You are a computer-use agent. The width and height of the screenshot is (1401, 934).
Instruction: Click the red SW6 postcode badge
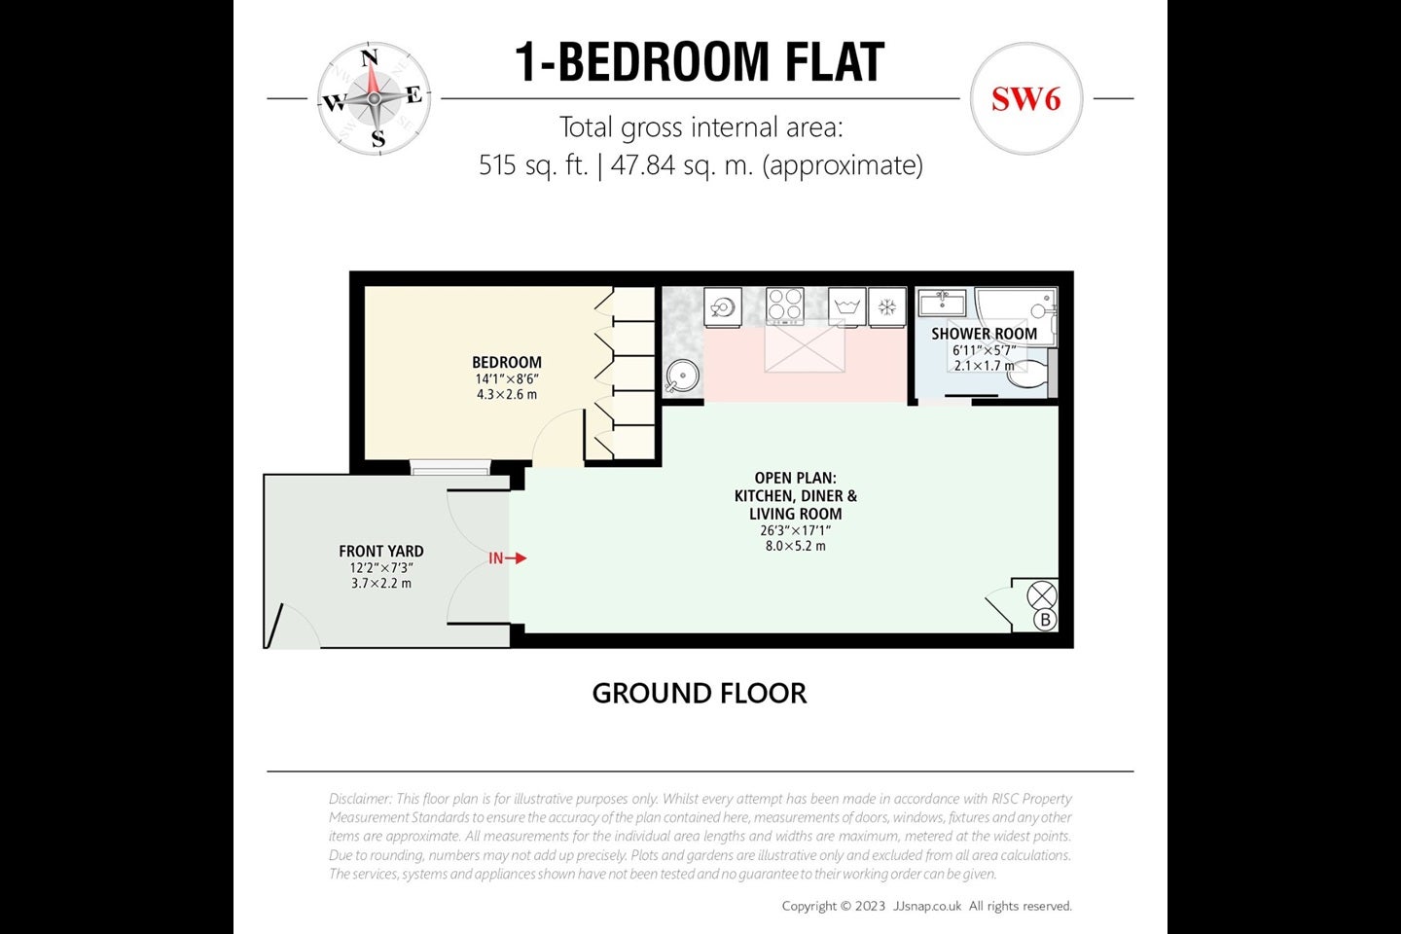1025,99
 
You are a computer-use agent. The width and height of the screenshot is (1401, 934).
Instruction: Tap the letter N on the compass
370,57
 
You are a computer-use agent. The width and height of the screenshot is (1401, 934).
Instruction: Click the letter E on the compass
414,95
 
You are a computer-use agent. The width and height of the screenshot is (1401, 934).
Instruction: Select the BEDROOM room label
507,362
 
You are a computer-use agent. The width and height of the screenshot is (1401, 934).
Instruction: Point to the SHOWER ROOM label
984,334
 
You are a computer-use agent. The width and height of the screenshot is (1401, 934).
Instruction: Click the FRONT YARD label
381,551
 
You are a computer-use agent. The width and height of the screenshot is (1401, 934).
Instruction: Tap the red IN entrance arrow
507,558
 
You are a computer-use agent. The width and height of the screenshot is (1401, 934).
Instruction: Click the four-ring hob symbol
785,305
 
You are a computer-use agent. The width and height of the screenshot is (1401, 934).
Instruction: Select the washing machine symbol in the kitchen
846,306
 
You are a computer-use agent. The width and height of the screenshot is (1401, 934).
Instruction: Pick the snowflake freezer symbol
887,306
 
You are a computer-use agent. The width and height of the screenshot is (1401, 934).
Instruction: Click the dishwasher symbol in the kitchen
723,306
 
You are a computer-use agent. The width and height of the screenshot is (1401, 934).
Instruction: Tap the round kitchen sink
682,377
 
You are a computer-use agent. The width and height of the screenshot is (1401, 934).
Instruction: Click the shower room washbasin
942,303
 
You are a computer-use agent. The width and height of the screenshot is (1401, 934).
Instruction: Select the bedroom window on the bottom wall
449,467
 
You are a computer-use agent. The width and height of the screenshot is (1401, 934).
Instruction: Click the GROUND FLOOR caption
700,694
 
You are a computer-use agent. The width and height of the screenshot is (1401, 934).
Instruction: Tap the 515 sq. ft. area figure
533,165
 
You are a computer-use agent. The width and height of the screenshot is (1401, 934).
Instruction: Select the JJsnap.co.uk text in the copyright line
927,906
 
